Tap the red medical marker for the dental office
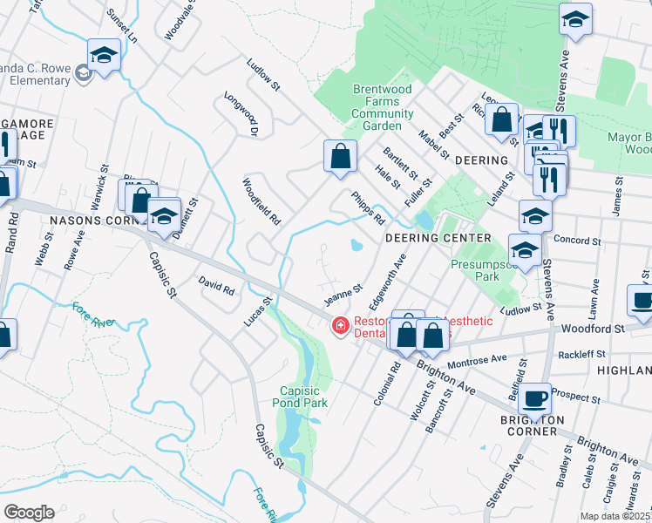click(x=340, y=327)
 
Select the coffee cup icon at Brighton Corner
click(x=535, y=398)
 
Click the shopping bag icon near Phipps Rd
click(x=341, y=156)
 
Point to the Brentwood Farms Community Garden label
click(x=383, y=107)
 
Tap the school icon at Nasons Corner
click(x=163, y=215)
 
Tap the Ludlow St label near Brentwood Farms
click(x=263, y=75)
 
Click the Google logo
click(x=29, y=512)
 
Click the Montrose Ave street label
click(x=477, y=359)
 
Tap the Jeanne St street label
click(x=343, y=294)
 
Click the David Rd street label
click(x=217, y=285)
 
